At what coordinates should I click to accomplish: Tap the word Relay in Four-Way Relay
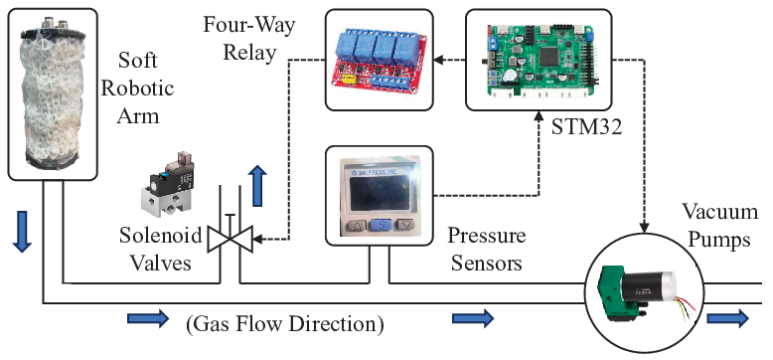coord(249,52)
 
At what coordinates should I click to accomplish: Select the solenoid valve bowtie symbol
coord(230,239)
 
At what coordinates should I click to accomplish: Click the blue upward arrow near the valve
coord(258,186)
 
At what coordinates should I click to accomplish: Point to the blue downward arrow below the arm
coord(21,232)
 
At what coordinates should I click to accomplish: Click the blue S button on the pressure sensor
coord(381,226)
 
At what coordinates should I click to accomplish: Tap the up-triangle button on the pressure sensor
coord(357,226)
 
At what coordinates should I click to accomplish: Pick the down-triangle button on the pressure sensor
coord(405,226)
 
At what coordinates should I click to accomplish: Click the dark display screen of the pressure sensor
coord(381,193)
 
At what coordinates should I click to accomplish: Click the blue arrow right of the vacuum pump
coord(728,318)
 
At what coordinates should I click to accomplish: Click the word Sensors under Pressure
coord(487,263)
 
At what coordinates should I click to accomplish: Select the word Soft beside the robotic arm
coord(138,60)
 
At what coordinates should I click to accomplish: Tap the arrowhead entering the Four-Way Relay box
coord(439,60)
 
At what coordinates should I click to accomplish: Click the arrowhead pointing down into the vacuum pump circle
coord(644,228)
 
